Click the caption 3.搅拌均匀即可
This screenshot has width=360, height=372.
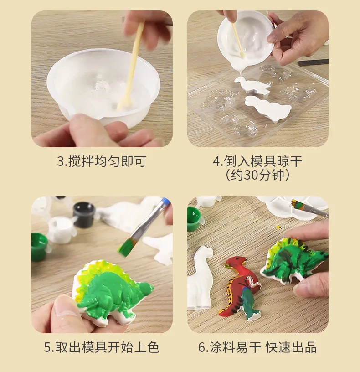102,161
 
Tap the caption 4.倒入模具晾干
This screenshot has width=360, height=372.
257,161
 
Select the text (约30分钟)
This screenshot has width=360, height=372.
257,175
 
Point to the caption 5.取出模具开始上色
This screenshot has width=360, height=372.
102,347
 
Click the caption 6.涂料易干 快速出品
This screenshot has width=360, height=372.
257,347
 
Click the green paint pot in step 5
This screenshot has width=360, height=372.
39,246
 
